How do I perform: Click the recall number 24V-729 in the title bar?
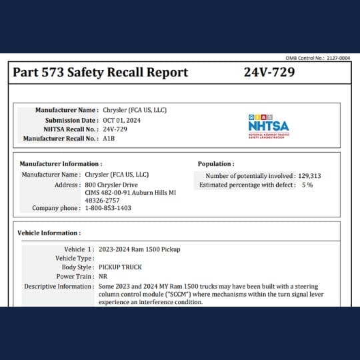pyautogui.click(x=269, y=73)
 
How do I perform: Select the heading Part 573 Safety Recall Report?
pyautogui.click(x=100, y=73)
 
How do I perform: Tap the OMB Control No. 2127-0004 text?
pyautogui.click(x=317, y=59)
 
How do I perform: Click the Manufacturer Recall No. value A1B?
pyautogui.click(x=109, y=139)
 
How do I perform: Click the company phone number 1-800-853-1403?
pyautogui.click(x=108, y=208)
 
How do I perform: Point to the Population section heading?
pyautogui.click(x=216, y=163)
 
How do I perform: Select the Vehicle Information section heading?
pyautogui.click(x=49, y=233)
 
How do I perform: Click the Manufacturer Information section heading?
pyautogui.click(x=61, y=163)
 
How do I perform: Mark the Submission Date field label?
pyautogui.click(x=71, y=120)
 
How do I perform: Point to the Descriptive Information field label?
pyautogui.click(x=59, y=286)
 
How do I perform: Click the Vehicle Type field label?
pyautogui.click(x=75, y=258)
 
